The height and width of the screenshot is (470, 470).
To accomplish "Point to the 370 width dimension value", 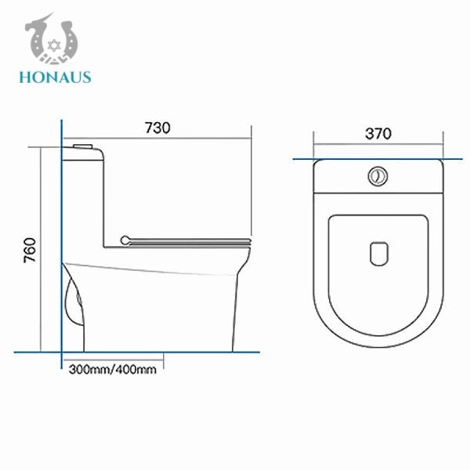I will point(378,133).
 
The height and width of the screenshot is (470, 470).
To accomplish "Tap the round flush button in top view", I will point(378,176).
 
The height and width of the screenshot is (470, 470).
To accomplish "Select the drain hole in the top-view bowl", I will point(378,253).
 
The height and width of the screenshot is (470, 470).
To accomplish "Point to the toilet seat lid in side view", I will point(188,238).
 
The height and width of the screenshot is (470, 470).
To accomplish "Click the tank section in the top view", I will point(337,176).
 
